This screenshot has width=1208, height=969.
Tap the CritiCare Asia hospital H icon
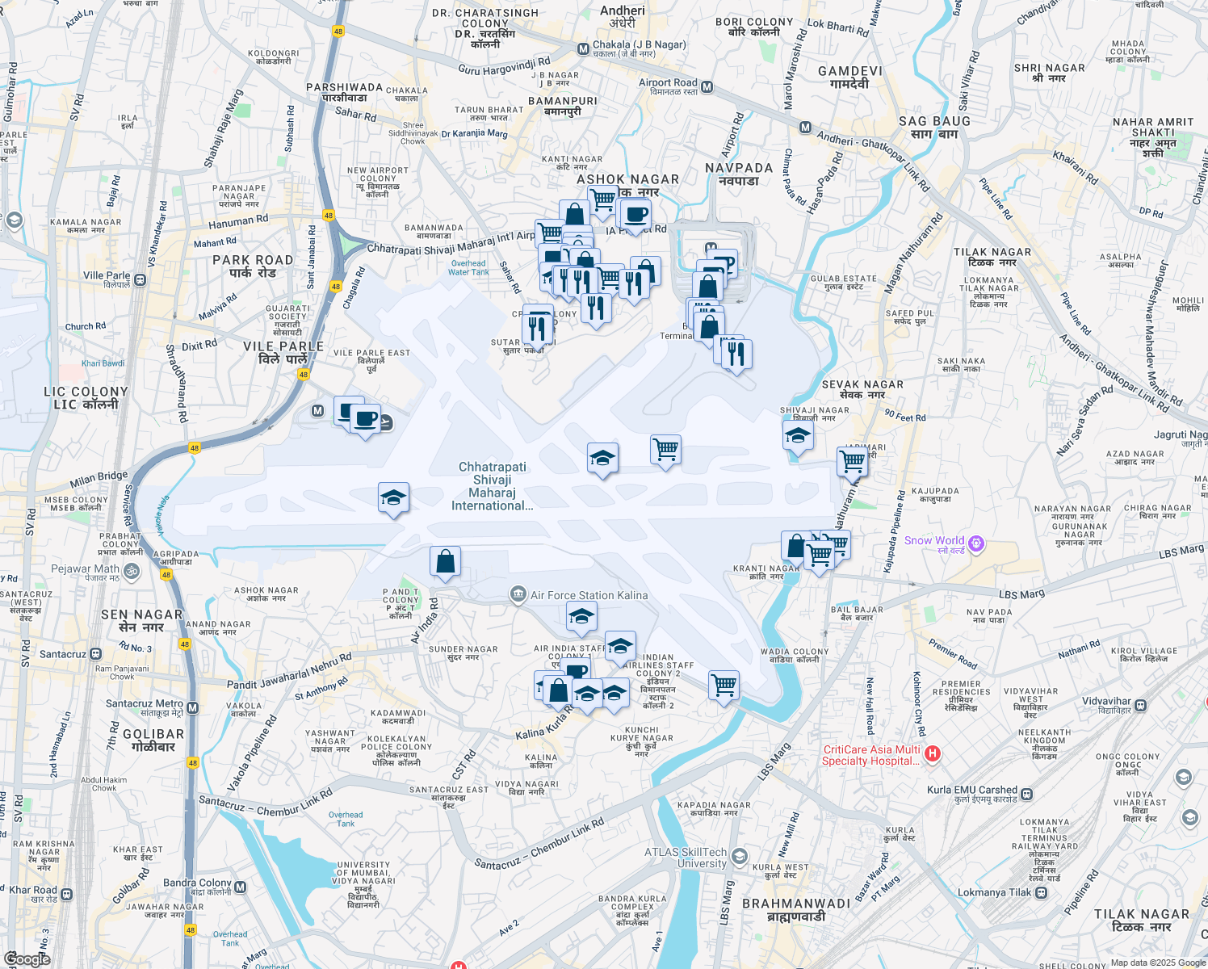(x=933, y=754)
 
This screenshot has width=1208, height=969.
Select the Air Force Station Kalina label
(x=589, y=595)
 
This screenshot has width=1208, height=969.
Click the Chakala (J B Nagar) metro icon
(x=583, y=49)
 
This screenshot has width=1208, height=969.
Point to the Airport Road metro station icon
(x=707, y=87)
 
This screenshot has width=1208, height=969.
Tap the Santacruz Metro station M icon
(x=192, y=708)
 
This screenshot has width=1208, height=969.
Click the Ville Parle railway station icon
(x=140, y=280)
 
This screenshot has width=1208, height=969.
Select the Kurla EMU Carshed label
(x=972, y=790)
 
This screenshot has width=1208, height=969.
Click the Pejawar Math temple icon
(x=132, y=571)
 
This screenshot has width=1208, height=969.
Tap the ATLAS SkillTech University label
(x=686, y=858)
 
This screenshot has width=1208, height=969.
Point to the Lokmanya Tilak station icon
(x=1042, y=892)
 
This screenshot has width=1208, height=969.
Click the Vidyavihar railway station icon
(x=1141, y=705)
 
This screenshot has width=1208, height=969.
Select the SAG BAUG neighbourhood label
(x=934, y=127)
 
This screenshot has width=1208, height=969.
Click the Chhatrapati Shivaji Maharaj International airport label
(x=492, y=486)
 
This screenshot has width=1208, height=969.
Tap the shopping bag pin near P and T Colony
(x=445, y=561)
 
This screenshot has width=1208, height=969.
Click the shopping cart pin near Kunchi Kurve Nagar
(x=724, y=686)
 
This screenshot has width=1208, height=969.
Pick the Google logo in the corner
(x=27, y=959)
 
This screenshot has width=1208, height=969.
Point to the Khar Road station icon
(x=66, y=895)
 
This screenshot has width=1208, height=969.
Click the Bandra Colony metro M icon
(x=239, y=888)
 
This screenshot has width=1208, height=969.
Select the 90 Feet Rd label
(x=904, y=417)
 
